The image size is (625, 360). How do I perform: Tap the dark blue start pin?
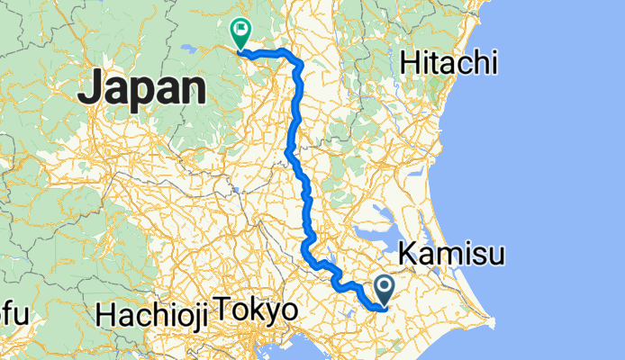coord(385,289)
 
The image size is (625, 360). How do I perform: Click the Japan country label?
coord(141,90)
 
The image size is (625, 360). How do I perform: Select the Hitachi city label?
coord(449,62)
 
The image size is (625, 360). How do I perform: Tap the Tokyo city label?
coord(257,312)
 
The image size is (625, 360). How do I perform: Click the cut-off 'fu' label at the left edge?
coord(13,314)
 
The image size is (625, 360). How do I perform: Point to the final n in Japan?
coord(194,90)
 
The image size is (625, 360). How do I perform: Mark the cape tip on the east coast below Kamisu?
coord(490,321)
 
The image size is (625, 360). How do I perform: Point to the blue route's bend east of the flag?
coord(293,58)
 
